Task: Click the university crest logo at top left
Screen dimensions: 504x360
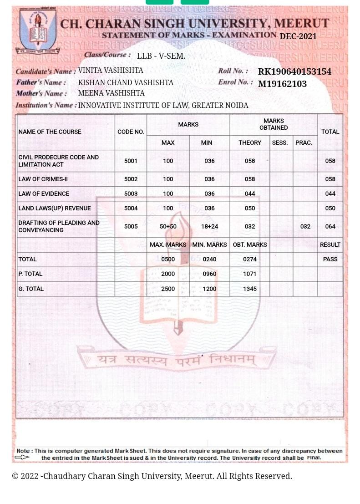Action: click(38, 31)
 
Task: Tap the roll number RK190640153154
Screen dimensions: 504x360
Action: click(294, 71)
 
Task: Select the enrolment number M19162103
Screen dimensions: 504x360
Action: click(282, 84)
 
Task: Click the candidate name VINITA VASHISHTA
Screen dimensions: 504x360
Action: click(111, 70)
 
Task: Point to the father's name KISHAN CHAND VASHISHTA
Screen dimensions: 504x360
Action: click(126, 82)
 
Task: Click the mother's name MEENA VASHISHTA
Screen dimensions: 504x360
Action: click(112, 93)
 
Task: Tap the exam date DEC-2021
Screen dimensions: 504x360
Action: click(298, 36)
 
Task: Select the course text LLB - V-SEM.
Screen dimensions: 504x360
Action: click(161, 56)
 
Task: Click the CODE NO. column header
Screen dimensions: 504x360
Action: click(131, 132)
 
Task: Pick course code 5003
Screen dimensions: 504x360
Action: click(131, 193)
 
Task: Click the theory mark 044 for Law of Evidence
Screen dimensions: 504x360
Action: click(250, 193)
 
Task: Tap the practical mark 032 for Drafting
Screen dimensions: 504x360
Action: click(305, 226)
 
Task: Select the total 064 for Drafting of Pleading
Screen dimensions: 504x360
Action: click(330, 226)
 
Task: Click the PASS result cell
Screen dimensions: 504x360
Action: click(330, 259)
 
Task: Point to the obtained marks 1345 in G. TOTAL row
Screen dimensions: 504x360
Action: click(250, 289)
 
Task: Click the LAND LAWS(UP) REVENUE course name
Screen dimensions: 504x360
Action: click(55, 208)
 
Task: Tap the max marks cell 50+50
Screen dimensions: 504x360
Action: click(168, 226)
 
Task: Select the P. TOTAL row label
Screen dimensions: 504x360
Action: click(30, 274)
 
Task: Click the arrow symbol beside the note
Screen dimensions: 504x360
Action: click(22, 457)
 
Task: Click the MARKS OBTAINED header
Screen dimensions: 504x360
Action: click(274, 124)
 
